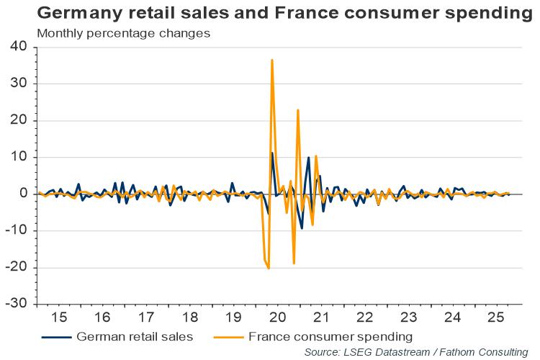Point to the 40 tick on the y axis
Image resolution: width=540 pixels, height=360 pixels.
pos(18,47)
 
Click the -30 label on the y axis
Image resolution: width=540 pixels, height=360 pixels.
pos(15,304)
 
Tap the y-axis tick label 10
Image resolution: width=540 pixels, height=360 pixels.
pos(18,157)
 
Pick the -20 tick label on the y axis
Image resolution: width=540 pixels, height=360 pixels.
pos(15,267)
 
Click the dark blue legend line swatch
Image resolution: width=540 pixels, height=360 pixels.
pos(58,336)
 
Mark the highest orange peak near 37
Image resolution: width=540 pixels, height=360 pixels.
pos(272,60)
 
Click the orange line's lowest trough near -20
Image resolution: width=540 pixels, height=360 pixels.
pos(269,269)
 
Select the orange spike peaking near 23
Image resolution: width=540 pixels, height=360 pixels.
pos(298,110)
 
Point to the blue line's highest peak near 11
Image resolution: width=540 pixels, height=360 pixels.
pos(272,153)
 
